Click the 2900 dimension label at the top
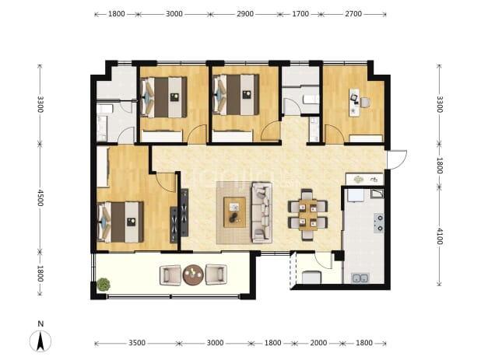tap(245, 14)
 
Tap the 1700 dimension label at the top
tap(300, 14)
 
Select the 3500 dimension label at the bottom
tap(137, 343)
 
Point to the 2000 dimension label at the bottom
tap(318, 343)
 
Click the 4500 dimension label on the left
tap(40, 197)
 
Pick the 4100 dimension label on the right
tap(439, 236)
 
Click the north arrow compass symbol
tap(40, 341)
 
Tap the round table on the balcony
tap(193, 274)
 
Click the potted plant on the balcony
tap(104, 285)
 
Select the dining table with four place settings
tap(308, 215)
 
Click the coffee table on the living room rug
tap(235, 212)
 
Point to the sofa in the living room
tap(262, 212)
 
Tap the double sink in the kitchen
tap(360, 278)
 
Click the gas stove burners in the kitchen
tap(379, 222)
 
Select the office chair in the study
tap(365, 103)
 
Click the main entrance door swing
tap(397, 159)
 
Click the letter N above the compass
tap(40, 324)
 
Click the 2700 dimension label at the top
tap(353, 14)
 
